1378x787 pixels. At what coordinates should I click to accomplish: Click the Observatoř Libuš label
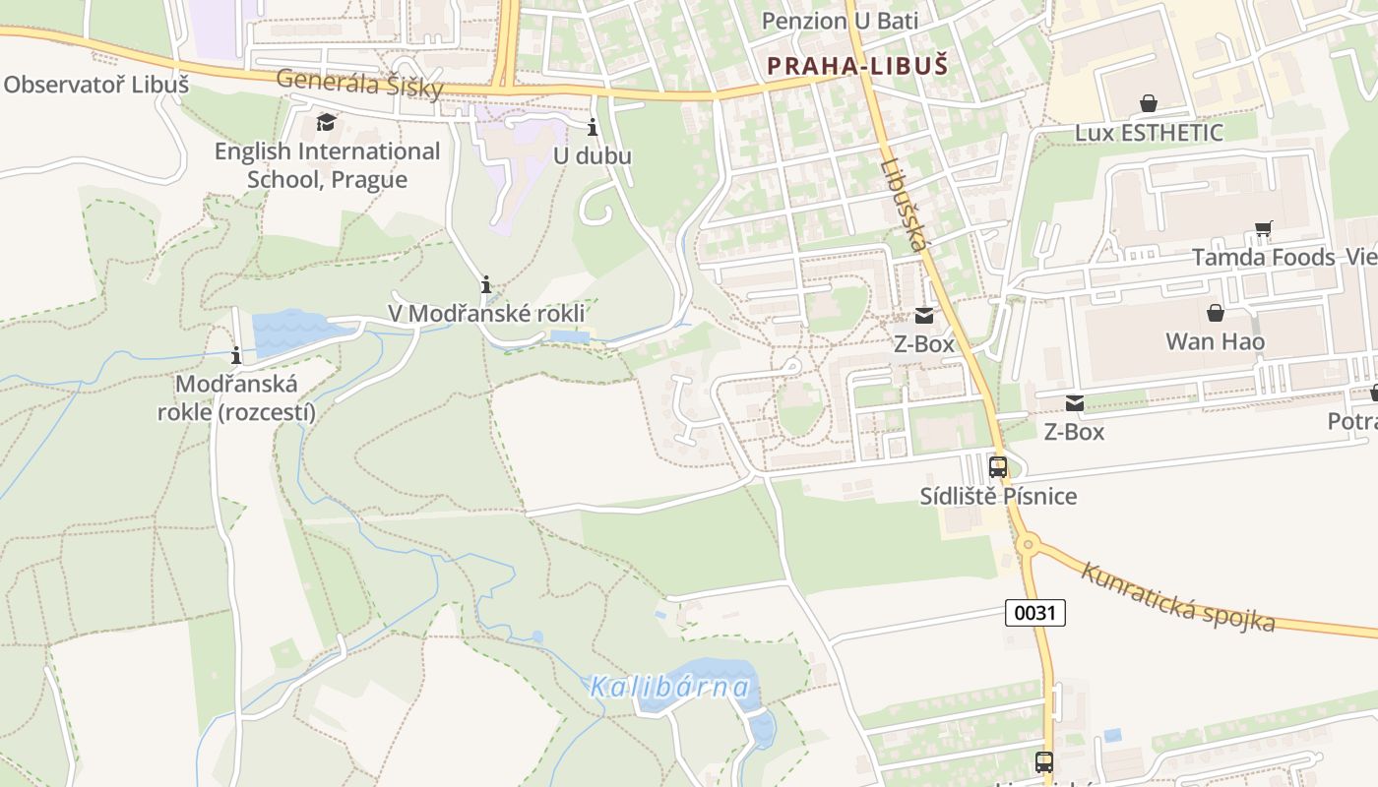coord(95,85)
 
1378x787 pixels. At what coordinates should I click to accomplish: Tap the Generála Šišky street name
coord(359,84)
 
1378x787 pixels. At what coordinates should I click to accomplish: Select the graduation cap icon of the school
coord(326,123)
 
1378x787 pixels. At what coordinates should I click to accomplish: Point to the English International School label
coord(328,165)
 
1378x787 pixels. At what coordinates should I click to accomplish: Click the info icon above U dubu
coord(593,127)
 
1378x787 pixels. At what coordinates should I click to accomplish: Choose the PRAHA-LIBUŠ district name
coord(857,66)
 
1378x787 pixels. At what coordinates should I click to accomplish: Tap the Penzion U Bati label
coord(840,21)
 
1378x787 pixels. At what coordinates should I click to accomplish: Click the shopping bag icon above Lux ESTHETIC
coord(1148,103)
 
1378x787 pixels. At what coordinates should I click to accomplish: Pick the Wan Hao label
coord(1215,341)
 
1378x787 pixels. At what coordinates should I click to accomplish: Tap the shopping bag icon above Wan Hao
coord(1216,313)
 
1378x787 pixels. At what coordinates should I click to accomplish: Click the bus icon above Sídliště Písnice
coord(997,467)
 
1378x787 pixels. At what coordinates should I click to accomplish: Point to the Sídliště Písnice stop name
coord(998,496)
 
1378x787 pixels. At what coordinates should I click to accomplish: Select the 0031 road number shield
coord(1034,613)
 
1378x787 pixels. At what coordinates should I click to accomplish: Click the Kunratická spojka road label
coord(1177,596)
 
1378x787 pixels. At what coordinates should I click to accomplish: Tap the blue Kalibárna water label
coord(670,687)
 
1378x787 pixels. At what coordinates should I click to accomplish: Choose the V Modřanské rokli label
coord(486,313)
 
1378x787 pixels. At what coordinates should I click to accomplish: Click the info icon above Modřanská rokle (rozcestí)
coord(236,355)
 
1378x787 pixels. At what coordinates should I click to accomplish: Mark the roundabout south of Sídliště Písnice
coord(1029,543)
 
